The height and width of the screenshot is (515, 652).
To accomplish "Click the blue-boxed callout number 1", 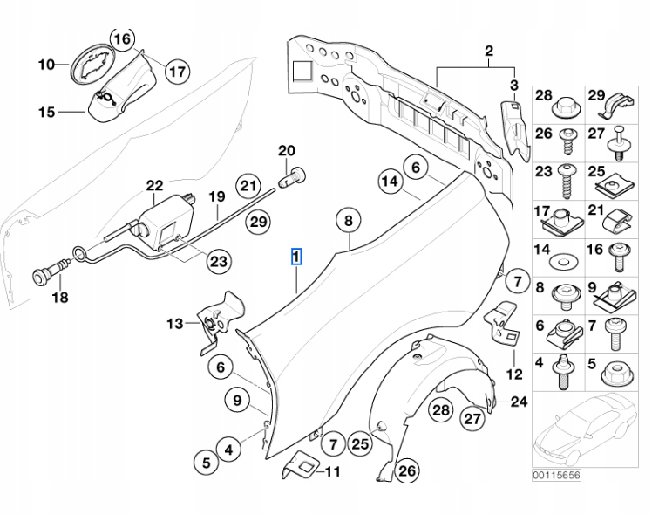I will tap(296, 257).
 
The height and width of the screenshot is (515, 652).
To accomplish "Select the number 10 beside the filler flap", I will tap(47, 65).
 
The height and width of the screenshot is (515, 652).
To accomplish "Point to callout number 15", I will tap(47, 112).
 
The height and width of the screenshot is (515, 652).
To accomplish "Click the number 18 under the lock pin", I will tap(59, 298).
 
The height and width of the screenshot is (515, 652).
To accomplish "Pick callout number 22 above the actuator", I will tap(154, 185).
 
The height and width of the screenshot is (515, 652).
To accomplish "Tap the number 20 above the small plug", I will tap(288, 151).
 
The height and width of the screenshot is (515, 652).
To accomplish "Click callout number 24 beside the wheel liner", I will tap(520, 402).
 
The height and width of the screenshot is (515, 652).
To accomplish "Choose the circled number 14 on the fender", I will tap(390, 182).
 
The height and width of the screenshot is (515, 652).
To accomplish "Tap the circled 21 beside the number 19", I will tap(249, 185).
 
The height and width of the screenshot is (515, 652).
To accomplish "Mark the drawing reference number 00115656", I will tap(556, 476).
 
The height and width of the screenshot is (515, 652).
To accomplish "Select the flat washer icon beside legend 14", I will tap(564, 259).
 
